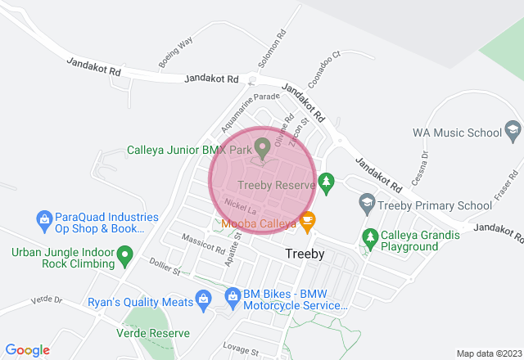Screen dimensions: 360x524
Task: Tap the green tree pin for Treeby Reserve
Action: click(327, 182)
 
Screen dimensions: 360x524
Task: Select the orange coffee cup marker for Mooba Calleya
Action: click(307, 220)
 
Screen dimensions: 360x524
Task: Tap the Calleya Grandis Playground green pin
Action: click(370, 236)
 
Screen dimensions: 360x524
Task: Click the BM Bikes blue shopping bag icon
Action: click(233, 294)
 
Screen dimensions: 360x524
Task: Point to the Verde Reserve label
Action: click(153, 333)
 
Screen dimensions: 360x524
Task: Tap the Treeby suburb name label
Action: click(305, 254)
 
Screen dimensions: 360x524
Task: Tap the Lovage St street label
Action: click(240, 349)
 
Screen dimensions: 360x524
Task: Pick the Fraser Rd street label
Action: click(515, 187)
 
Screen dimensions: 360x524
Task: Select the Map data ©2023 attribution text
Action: click(488, 353)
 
